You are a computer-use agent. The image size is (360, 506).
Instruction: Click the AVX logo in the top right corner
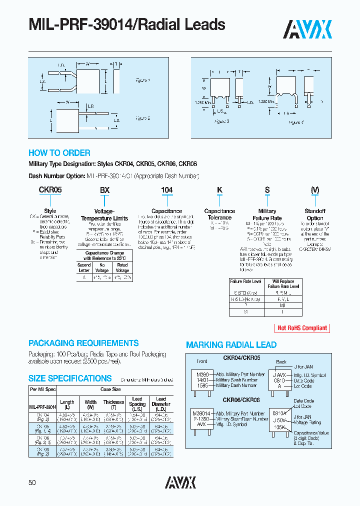[307, 29]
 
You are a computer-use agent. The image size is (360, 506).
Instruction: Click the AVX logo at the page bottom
[180, 482]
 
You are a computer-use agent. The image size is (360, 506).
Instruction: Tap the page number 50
[32, 482]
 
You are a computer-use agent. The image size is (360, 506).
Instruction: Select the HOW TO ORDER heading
[59, 153]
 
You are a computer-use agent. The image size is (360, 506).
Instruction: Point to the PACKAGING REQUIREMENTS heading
[83, 343]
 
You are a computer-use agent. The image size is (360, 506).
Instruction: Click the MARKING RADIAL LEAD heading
[231, 345]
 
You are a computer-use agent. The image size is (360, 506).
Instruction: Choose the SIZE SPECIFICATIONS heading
[70, 378]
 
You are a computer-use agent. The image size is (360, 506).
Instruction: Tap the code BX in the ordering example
[104, 190]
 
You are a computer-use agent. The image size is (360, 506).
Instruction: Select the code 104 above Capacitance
[166, 190]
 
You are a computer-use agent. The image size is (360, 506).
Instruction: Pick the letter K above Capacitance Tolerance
[219, 190]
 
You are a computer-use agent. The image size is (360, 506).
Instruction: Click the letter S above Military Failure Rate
[267, 190]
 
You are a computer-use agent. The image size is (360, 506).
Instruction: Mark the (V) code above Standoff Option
[315, 190]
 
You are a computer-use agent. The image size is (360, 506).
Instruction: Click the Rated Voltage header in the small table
[122, 267]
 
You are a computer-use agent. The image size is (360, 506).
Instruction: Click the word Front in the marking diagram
[201, 361]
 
